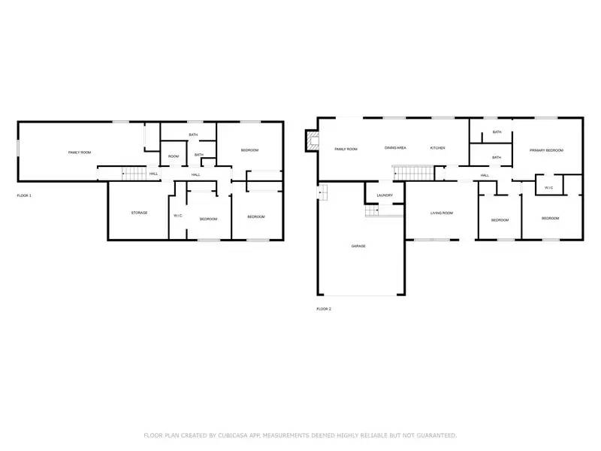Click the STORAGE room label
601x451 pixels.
coord(139,213)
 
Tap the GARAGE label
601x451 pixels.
coord(359,246)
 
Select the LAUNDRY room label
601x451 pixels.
coord(385,195)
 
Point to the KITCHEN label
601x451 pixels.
coord(437,148)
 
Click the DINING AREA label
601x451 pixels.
coord(396,148)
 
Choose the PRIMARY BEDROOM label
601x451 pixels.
coord(546,150)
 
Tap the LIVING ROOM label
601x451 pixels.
coord(441,213)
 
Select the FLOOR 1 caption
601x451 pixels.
coord(24,195)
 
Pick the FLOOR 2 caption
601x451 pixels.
coord(324,308)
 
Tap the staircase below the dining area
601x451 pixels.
coord(411,174)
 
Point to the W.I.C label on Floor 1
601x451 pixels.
coord(178,216)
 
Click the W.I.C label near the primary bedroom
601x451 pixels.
coord(548,187)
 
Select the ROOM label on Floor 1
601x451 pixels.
coord(174,156)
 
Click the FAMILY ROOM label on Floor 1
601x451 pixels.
coord(80,153)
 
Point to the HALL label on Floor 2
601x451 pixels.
coord(485,175)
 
